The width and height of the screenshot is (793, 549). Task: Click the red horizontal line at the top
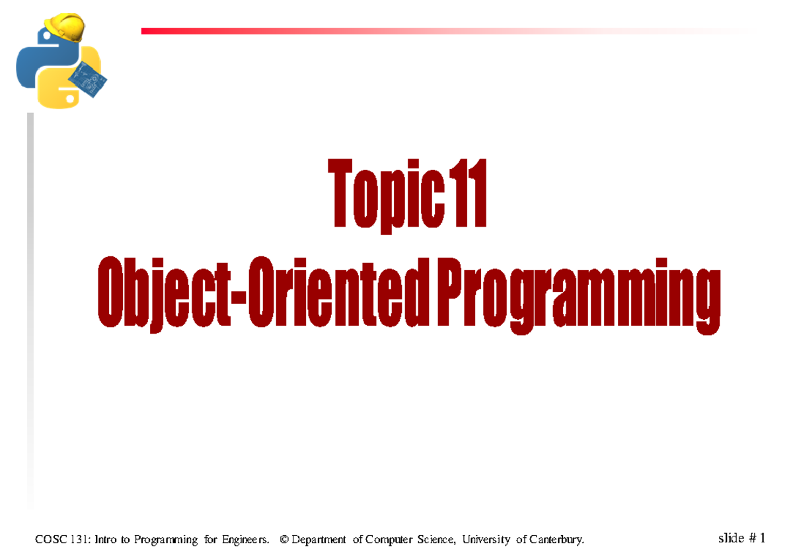point(397,31)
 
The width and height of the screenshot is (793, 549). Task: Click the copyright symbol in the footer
point(284,540)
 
